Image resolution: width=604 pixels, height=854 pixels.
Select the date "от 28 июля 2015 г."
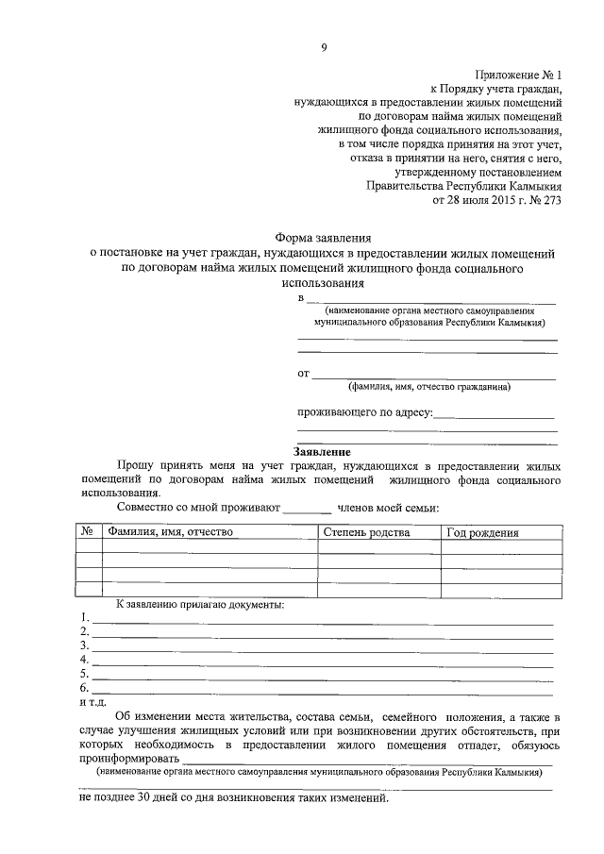pos(475,200)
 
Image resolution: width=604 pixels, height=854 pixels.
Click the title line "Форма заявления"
pos(323,240)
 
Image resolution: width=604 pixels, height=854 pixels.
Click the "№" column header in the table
pos(88,532)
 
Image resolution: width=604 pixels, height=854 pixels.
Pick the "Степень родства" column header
pos(366,532)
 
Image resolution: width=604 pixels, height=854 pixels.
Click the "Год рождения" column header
pos(482,532)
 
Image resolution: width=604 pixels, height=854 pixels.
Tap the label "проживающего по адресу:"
pos(365,412)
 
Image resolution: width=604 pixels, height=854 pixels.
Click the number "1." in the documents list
pos(85,619)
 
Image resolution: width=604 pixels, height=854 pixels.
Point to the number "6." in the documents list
pos(85,689)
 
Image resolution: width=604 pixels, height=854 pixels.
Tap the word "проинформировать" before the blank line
pos(128,759)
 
